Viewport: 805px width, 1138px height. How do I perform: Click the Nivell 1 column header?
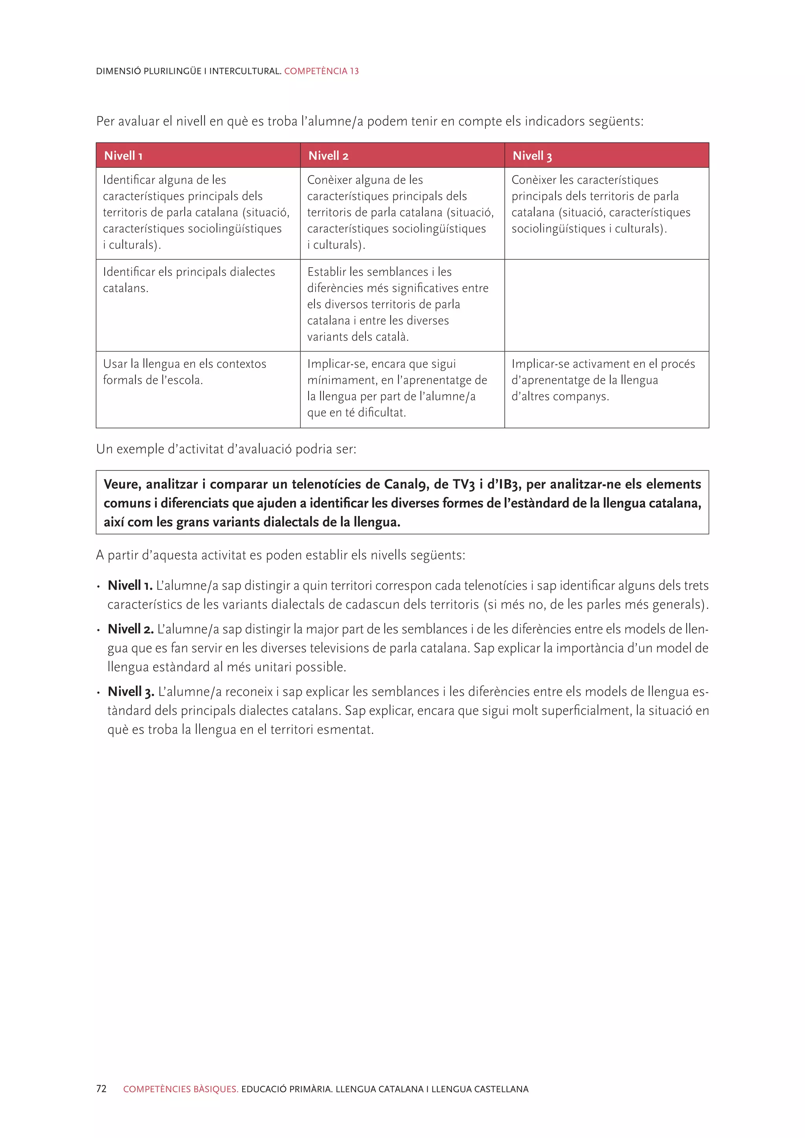pyautogui.click(x=123, y=156)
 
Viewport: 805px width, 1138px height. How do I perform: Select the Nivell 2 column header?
pyautogui.click(x=328, y=156)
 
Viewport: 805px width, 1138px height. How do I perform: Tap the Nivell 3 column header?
pyautogui.click(x=532, y=156)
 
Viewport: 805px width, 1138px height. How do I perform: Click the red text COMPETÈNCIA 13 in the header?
pyautogui.click(x=321, y=71)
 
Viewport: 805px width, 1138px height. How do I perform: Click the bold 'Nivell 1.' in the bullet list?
pyautogui.click(x=130, y=586)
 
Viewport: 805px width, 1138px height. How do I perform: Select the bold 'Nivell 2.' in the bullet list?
pyautogui.click(x=130, y=629)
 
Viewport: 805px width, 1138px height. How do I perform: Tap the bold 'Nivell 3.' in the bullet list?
pyautogui.click(x=131, y=692)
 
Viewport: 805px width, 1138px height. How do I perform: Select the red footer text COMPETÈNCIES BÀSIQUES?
pyautogui.click(x=181, y=1089)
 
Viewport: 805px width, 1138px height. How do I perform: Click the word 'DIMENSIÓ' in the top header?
pyautogui.click(x=118, y=71)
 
